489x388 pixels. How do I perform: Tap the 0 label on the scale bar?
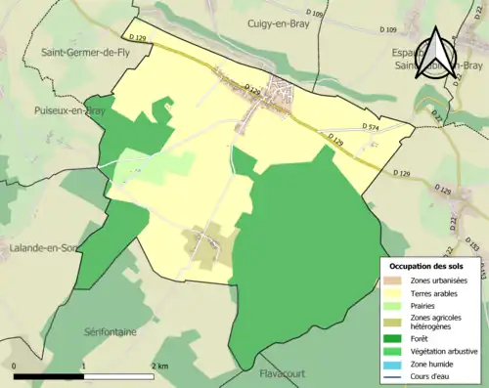click(14, 365)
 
